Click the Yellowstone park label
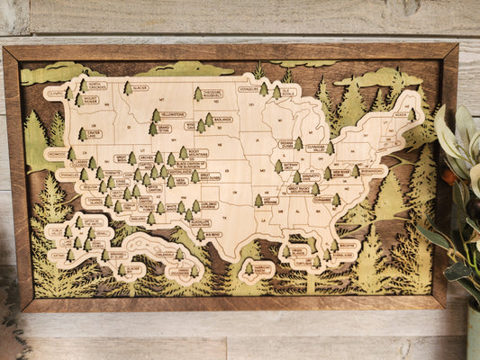pyautogui.click(x=173, y=115)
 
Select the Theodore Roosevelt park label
pyautogui.click(x=213, y=94)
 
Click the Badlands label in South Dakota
pyautogui.click(x=222, y=119)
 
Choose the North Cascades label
pyautogui.click(x=96, y=86)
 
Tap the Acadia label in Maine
pyautogui.click(x=400, y=115)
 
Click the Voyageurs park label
pyautogui.click(x=249, y=89)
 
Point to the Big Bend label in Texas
pyautogui.click(x=213, y=234)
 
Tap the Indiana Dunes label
pyautogui.click(x=286, y=144)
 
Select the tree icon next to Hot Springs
pyautogui.click(x=258, y=200)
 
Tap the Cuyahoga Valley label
pyautogui.click(x=316, y=148)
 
